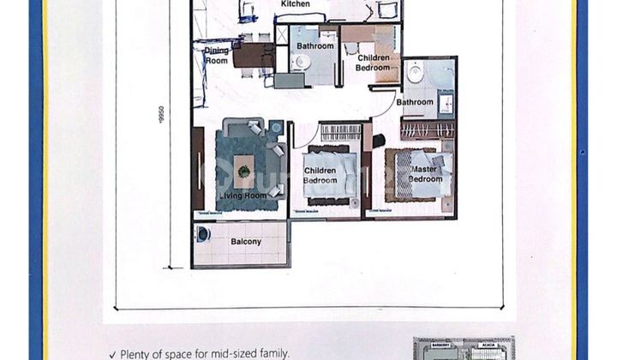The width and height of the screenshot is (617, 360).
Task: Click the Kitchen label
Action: [296, 4]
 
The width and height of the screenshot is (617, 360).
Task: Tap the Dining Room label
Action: [217, 56]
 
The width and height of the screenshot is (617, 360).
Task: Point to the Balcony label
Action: [246, 243]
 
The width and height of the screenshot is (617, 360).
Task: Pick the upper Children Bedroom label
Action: [373, 63]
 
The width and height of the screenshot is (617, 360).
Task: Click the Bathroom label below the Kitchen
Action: [315, 45]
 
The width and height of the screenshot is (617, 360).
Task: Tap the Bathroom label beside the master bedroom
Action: [415, 103]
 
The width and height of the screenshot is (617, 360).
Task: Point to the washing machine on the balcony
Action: [203, 235]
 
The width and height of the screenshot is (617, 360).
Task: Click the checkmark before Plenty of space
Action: [112, 354]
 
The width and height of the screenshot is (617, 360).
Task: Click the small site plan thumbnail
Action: [464, 348]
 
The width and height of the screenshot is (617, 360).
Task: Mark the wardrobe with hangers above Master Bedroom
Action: [427, 131]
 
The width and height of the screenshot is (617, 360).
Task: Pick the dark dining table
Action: [252, 55]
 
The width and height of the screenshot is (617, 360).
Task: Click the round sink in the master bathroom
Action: [416, 73]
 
